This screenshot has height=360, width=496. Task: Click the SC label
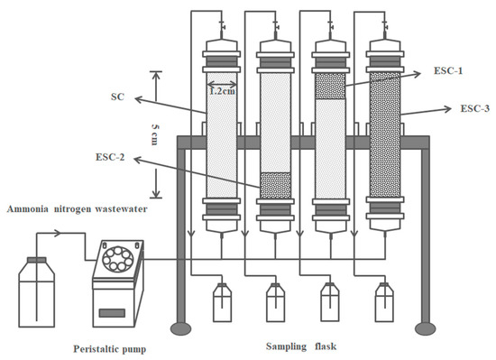[x=117, y=97]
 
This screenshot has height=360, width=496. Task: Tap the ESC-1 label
[x=448, y=70]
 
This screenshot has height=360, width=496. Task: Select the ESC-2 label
[x=110, y=157]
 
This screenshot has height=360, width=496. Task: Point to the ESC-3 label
[x=474, y=108]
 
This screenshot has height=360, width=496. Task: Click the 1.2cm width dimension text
[x=223, y=91]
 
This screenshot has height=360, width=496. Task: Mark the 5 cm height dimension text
[x=155, y=134]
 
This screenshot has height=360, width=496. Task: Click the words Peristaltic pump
[x=110, y=349]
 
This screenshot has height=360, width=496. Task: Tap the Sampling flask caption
[x=301, y=346]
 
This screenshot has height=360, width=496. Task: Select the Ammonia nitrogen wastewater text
[x=78, y=209]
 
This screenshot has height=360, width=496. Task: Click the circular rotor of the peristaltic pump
[x=118, y=260]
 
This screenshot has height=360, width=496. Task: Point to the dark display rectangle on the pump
[x=112, y=313]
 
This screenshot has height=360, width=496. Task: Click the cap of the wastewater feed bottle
[x=36, y=260]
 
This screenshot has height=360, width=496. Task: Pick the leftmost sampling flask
[x=222, y=302]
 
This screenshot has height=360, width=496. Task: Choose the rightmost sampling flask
[x=384, y=302]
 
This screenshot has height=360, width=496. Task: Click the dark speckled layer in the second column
[x=275, y=185]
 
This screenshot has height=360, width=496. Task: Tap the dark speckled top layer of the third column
[x=330, y=87]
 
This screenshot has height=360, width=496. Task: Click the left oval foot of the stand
[x=181, y=328]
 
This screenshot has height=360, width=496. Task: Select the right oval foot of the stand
[x=426, y=328]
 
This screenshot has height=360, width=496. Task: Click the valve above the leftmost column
[x=222, y=26]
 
